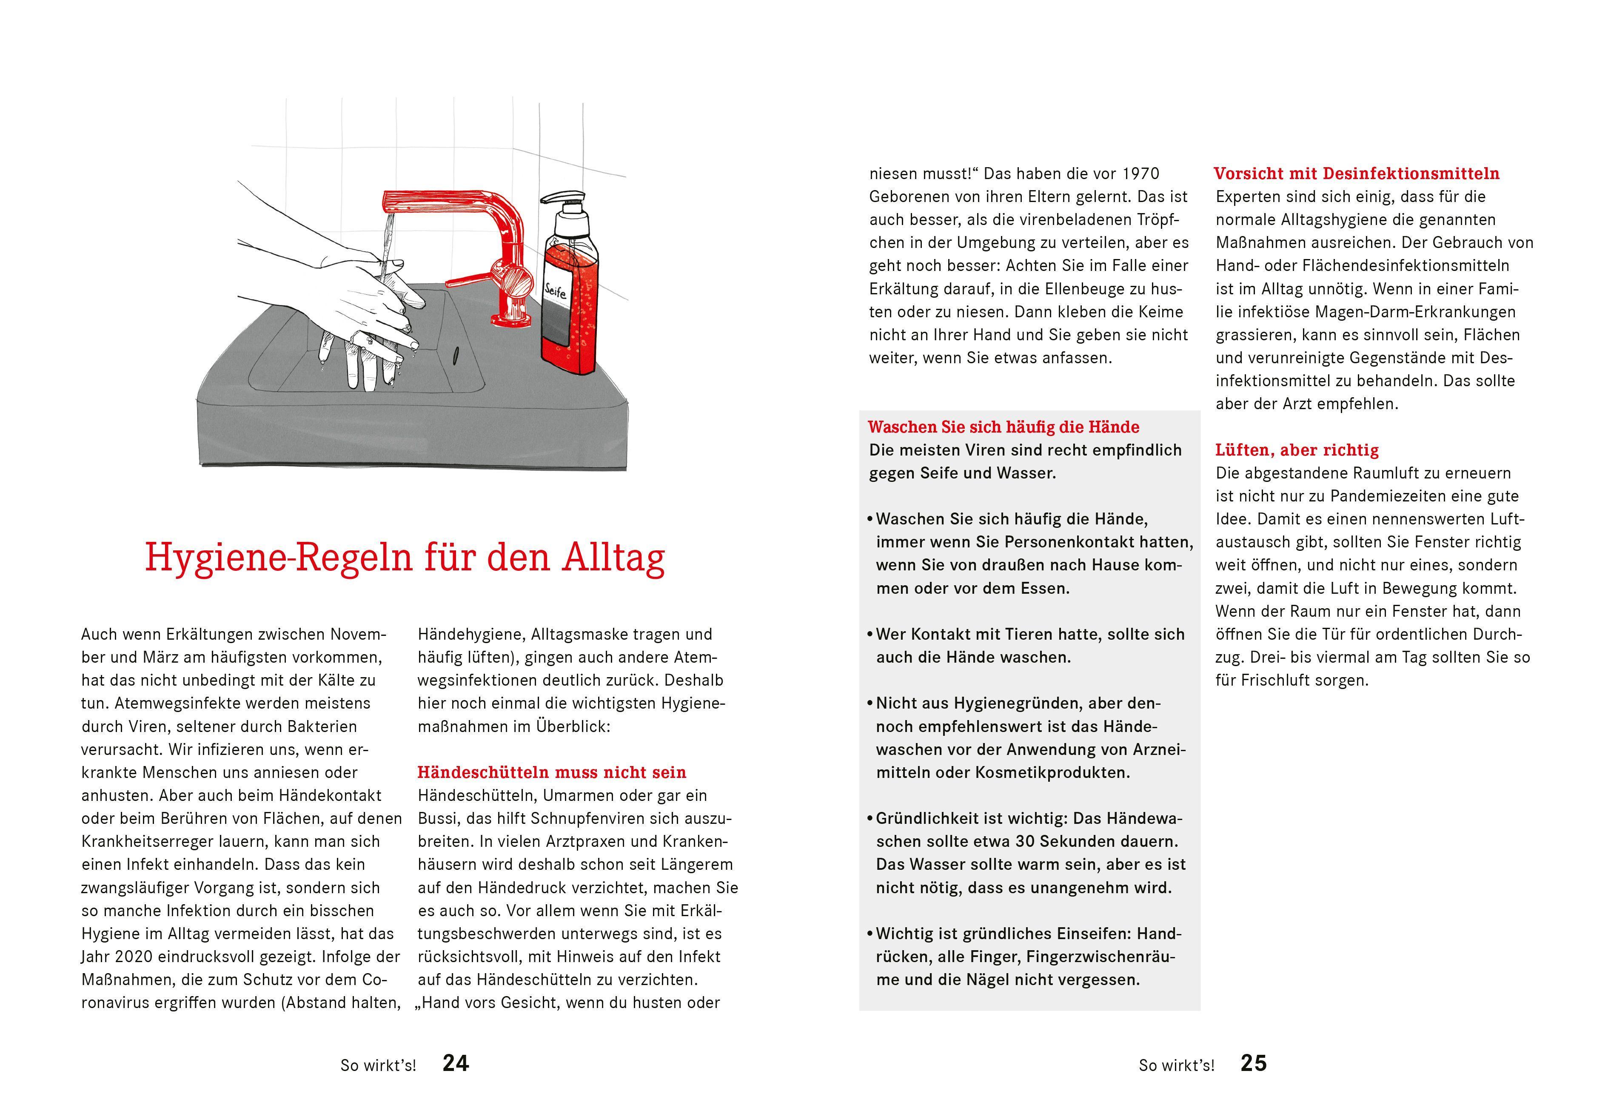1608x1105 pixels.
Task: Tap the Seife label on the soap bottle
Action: tap(556, 289)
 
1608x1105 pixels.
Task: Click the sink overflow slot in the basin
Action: tap(456, 354)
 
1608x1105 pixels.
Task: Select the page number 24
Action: tap(456, 1063)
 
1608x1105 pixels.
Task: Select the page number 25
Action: tap(1254, 1063)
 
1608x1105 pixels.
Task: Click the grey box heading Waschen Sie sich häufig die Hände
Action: tap(1004, 427)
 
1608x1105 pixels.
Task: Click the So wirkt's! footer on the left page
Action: tap(378, 1065)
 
